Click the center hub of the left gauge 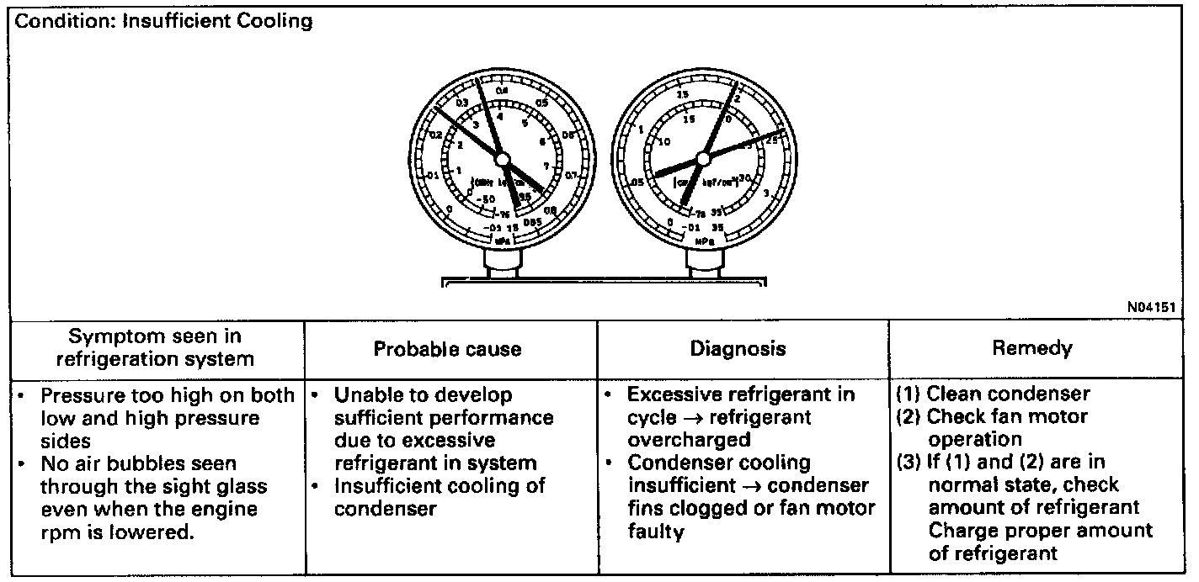click(501, 158)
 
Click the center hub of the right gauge click(703, 158)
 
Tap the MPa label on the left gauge click(503, 240)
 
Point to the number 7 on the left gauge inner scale click(546, 166)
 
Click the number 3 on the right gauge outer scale click(765, 194)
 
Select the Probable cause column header click(447, 349)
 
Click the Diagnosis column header click(738, 349)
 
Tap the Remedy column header click(1031, 347)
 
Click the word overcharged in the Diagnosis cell click(688, 440)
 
